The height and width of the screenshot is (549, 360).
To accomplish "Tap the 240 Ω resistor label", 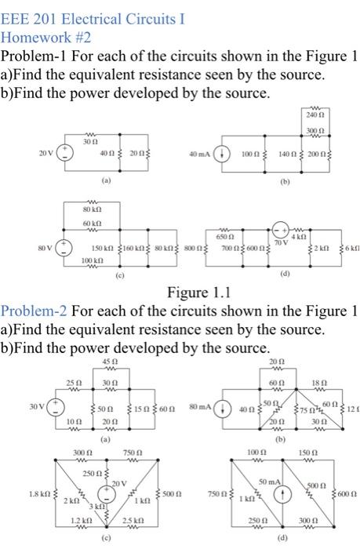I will [x=315, y=114].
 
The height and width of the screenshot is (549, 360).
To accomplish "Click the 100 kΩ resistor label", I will [x=92, y=259].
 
